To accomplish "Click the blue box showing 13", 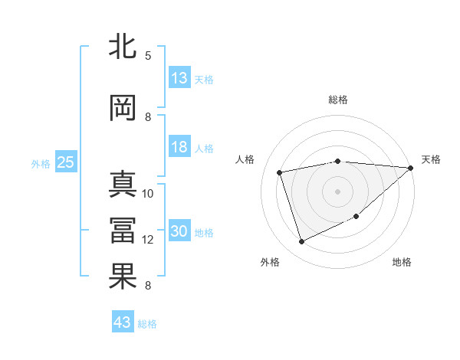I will pyautogui.click(x=179, y=78).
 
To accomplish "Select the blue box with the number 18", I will pyautogui.click(x=179, y=148).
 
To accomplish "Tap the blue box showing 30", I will pyautogui.click(x=179, y=232).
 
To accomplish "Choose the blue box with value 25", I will pyautogui.click(x=65, y=162).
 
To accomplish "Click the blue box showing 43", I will pyautogui.click(x=123, y=323).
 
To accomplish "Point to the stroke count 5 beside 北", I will pyautogui.click(x=148, y=55).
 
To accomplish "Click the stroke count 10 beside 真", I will pyautogui.click(x=148, y=193).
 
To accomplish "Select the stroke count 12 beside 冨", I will pyautogui.click(x=148, y=240).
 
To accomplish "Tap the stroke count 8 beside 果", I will pyautogui.click(x=148, y=286).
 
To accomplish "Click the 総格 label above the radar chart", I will pyautogui.click(x=337, y=100).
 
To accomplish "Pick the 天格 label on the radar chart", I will pyautogui.click(x=431, y=159).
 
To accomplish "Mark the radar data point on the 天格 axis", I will pyautogui.click(x=410, y=168).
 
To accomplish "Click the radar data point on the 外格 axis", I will pyautogui.click(x=301, y=242).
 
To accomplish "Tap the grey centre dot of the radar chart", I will pyautogui.click(x=337, y=191).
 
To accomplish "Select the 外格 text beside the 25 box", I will pyautogui.click(x=41, y=163).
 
